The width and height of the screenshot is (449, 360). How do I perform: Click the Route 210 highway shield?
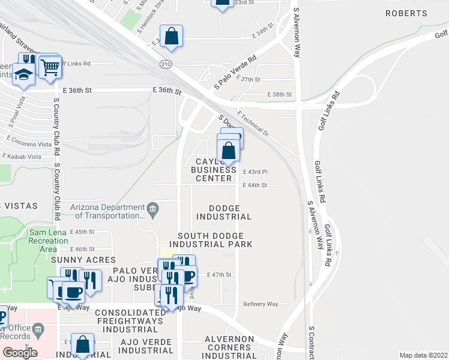165,64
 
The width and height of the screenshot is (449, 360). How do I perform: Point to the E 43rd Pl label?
255,172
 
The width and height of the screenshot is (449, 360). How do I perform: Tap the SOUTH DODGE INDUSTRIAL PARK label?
211,240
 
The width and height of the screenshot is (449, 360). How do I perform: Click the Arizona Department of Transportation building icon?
152,209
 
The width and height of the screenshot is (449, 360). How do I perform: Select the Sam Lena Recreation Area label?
48,241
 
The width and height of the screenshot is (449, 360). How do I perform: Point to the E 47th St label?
219,275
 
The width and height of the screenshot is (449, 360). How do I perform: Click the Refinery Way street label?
261,304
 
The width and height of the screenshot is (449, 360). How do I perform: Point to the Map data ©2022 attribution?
423,355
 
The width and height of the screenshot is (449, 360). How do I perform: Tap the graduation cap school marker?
24,75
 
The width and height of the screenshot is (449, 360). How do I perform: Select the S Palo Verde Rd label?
236,73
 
